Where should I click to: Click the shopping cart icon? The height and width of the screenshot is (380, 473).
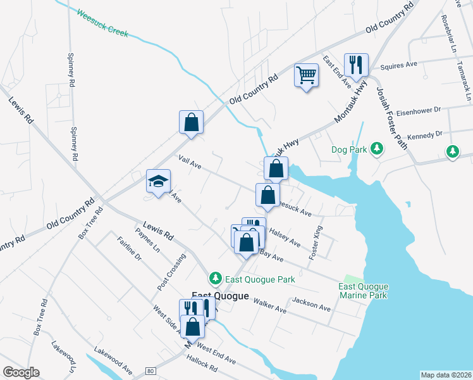[x=307, y=75]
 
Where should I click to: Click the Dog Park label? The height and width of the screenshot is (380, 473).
[x=349, y=150]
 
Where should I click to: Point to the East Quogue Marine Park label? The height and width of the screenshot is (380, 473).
[x=363, y=291]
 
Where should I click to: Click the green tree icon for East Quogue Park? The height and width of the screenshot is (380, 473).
[x=216, y=279]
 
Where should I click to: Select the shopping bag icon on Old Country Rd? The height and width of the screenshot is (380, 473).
[x=191, y=122]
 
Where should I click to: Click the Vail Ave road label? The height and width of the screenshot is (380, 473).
[x=190, y=163]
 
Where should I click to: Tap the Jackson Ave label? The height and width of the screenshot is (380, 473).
[x=312, y=304]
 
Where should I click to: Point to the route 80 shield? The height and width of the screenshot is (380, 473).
[x=150, y=370]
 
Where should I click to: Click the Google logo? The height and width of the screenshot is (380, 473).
[x=21, y=372]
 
